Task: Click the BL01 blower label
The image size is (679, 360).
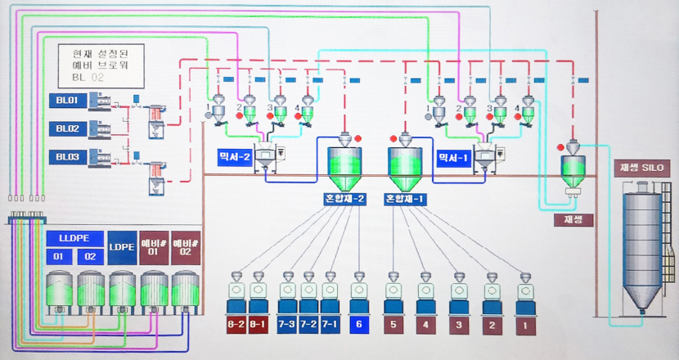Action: pos(66,101)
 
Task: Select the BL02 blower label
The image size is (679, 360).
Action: pos(66,128)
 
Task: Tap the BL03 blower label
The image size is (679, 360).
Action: pos(66,155)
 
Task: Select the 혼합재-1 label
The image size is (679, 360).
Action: pos(406,199)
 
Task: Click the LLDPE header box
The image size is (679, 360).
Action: pos(74,239)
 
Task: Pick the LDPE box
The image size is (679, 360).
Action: pos(122,246)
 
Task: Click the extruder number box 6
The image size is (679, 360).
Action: pos(359,324)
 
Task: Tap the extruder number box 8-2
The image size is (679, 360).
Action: pos(236,324)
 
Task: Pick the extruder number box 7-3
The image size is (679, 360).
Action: pos(287,324)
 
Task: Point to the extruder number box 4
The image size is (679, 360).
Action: pos(425,324)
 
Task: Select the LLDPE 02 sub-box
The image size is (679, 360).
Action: pos(89,257)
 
